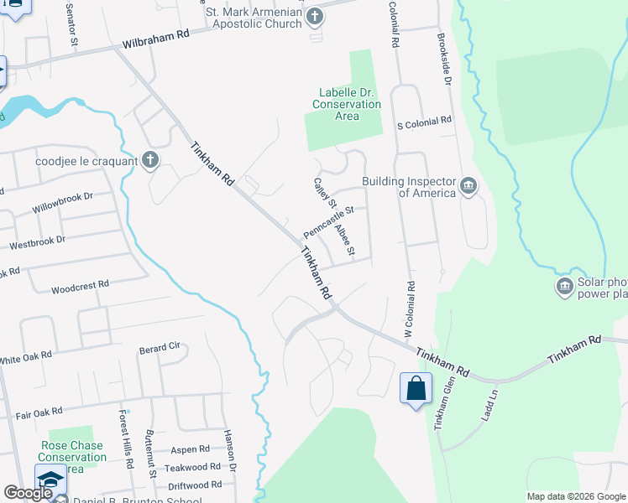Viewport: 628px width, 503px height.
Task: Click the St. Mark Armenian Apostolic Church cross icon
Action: [x=315, y=16]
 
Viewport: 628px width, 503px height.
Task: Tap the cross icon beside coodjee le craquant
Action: [x=150, y=159]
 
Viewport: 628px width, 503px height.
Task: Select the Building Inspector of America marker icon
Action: [x=468, y=185]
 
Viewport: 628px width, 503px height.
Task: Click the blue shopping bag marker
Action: [x=416, y=389]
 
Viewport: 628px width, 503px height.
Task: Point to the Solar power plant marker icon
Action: [x=565, y=288]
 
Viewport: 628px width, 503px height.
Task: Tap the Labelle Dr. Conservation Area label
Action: [x=347, y=104]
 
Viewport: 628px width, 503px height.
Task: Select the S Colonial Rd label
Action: [x=424, y=122]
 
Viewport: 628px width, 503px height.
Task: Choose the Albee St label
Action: [x=345, y=240]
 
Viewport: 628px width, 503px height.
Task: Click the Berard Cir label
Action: [x=160, y=346]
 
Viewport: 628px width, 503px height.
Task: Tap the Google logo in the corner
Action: [x=28, y=493]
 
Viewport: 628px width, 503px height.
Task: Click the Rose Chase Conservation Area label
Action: [x=71, y=452]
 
